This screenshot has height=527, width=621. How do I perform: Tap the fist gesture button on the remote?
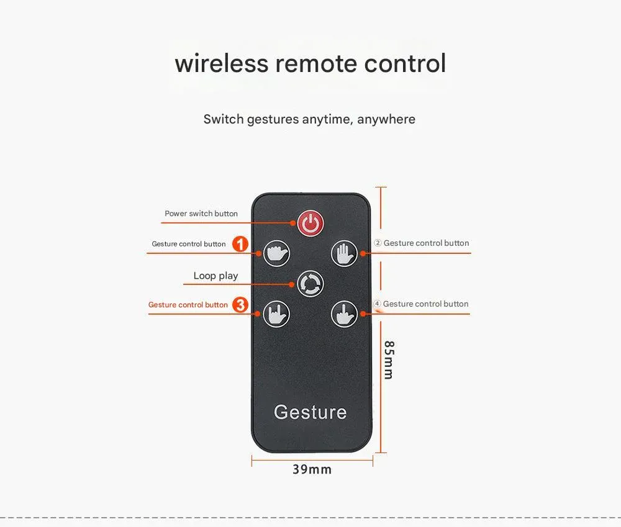click(276, 253)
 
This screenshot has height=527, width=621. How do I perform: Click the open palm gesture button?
click(344, 253)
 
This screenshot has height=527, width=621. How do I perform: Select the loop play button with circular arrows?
click(310, 284)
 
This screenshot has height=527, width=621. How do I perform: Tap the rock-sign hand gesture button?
click(276, 314)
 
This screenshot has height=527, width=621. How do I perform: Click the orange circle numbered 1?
click(240, 244)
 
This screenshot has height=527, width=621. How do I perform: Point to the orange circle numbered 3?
click(240, 305)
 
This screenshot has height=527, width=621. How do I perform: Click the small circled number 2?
click(378, 243)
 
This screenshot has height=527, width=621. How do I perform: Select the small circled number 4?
click(377, 304)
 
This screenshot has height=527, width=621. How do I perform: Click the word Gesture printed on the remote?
click(310, 412)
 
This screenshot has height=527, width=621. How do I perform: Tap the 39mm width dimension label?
click(312, 470)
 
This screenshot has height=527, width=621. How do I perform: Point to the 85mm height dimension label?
click(389, 360)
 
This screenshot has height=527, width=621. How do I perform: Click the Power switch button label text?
click(201, 214)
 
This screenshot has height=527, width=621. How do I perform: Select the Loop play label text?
click(216, 276)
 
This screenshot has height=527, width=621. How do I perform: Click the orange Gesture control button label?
click(188, 305)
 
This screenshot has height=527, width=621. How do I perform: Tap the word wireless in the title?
click(222, 63)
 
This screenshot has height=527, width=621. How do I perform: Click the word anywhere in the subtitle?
click(386, 120)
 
